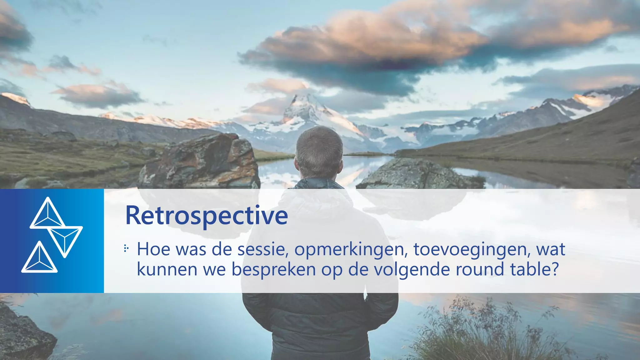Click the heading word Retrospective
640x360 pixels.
click(x=206, y=216)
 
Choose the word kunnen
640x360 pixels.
click(x=167, y=269)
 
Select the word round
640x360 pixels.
click(x=480, y=269)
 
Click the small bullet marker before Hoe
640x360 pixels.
click(x=126, y=249)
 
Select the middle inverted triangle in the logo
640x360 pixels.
click(x=65, y=239)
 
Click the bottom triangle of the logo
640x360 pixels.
click(x=39, y=259)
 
